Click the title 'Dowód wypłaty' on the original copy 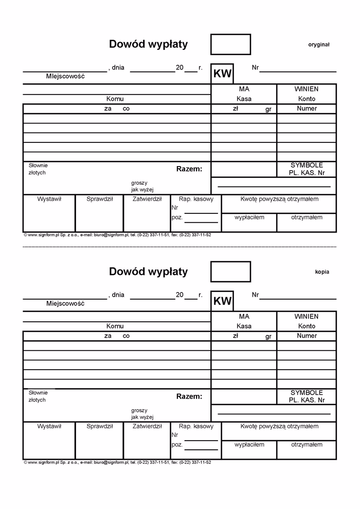[148, 44]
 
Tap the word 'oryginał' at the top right [319, 45]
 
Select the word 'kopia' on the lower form [322, 272]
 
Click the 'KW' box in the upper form [222, 74]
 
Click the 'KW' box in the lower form [222, 301]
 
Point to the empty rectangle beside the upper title [230, 44]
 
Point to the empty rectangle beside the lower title [230, 271]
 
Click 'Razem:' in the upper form [189, 169]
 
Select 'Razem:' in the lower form [189, 396]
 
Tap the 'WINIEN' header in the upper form [307, 89]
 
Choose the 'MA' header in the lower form [244, 317]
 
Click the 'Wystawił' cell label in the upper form [49, 199]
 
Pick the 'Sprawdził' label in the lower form [99, 426]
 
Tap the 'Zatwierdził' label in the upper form [147, 199]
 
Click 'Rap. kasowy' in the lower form [195, 426]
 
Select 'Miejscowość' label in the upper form [65, 76]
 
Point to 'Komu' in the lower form [115, 326]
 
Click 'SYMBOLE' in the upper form [307, 165]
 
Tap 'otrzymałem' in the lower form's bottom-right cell [307, 444]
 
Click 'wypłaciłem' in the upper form [249, 217]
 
